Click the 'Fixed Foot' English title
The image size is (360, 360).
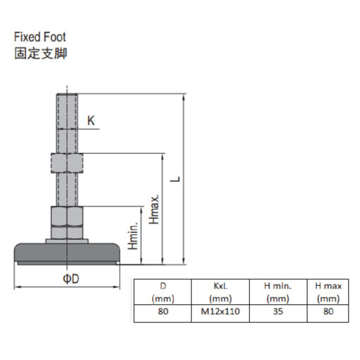(x=40, y=37)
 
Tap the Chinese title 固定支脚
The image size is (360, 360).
(x=41, y=53)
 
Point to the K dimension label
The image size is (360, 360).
(x=91, y=121)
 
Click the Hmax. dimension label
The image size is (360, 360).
(x=154, y=209)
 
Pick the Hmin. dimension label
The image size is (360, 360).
(x=133, y=235)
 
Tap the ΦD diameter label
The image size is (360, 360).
(x=71, y=279)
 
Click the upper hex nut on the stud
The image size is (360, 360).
(x=67, y=163)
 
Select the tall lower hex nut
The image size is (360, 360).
(x=67, y=216)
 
